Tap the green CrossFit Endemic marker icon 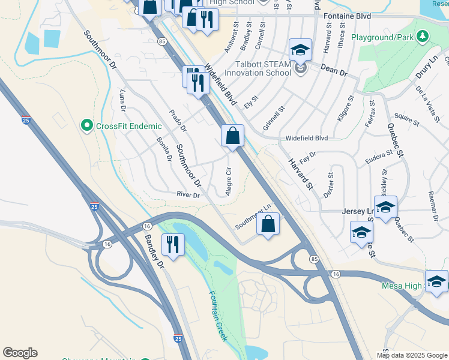coord(87,126)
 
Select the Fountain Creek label coord(218,316)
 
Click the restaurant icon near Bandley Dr coord(172,245)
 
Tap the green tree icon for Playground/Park coord(423,37)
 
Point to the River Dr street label coord(187,194)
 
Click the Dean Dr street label coord(334,71)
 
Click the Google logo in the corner coord(20,353)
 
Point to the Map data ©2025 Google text coord(412,355)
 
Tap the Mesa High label coord(402,286)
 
